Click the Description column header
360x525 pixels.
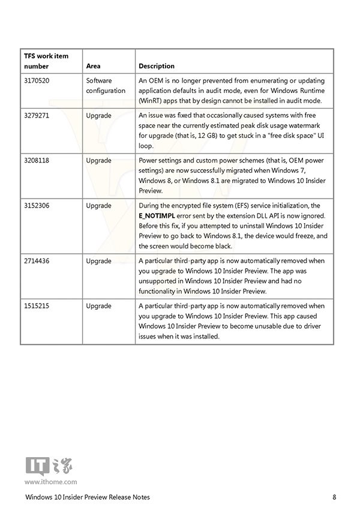click(157, 66)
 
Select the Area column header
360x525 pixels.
click(93, 66)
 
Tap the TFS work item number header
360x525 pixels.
click(46, 61)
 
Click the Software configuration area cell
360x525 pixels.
click(106, 85)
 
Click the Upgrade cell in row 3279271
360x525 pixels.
click(98, 115)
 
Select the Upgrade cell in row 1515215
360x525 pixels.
click(98, 306)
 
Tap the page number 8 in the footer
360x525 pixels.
click(334, 497)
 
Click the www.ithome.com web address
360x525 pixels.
click(50, 481)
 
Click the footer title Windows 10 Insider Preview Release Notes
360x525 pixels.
click(88, 497)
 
